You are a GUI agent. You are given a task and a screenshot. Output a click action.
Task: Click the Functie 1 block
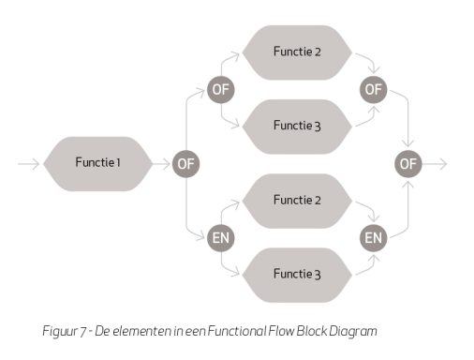[x=98, y=164]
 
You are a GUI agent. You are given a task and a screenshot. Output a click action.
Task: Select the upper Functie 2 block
[x=297, y=52]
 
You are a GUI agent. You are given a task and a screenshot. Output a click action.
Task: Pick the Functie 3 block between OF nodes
[x=297, y=127]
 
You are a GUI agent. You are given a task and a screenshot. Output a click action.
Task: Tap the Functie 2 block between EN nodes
[x=297, y=201]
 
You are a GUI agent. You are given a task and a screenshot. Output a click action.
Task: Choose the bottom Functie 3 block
[x=297, y=275]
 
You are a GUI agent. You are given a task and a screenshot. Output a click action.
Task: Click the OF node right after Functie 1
[x=185, y=164]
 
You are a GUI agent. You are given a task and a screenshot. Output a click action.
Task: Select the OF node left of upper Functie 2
[x=221, y=90]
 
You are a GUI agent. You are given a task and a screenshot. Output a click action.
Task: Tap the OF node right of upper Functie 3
[x=374, y=90]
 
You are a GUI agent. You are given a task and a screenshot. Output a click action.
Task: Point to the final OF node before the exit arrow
[x=408, y=164]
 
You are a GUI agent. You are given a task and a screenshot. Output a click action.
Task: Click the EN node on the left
[x=221, y=238]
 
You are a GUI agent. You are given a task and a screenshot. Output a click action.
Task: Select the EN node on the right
[x=374, y=238]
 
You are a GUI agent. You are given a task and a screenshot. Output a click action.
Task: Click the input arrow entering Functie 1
[x=29, y=164]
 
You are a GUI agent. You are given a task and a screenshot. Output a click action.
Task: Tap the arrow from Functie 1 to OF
[x=162, y=164]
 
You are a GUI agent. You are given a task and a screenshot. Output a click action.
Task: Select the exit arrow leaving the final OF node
[x=435, y=164]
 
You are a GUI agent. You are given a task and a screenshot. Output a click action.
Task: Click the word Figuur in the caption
[x=60, y=331]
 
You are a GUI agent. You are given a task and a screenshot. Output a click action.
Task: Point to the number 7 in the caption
[x=82, y=332]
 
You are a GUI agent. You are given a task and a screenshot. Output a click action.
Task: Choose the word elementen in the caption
[x=141, y=331]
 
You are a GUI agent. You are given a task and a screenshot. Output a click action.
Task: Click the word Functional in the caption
[x=237, y=331]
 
